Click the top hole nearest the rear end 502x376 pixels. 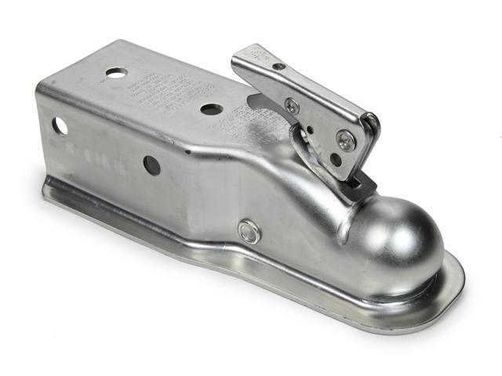click(116, 73)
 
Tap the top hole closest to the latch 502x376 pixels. click(211, 109)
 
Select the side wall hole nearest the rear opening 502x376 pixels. click(58, 125)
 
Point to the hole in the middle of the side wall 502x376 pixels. click(151, 164)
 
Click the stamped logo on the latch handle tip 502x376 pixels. click(256, 54)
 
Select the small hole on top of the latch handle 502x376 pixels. click(278, 67)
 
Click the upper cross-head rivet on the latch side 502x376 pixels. click(292, 106)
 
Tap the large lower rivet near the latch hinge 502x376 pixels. click(346, 140)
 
